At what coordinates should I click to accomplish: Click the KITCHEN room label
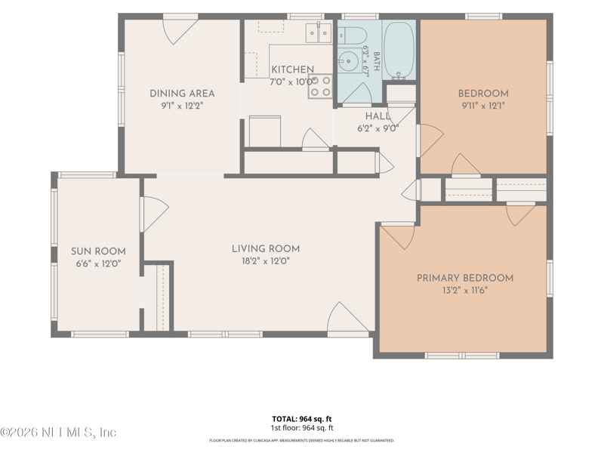(x=292, y=69)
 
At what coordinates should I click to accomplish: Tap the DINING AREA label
(x=182, y=94)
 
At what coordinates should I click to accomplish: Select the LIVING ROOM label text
(x=266, y=249)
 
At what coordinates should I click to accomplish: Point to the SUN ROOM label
(x=98, y=251)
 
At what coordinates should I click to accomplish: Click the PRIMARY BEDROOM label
(x=465, y=278)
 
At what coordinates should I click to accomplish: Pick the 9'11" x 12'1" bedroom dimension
(x=483, y=106)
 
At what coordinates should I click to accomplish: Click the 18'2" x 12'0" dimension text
(x=266, y=261)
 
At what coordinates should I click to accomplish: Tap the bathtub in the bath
(x=399, y=50)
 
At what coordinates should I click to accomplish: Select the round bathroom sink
(x=349, y=60)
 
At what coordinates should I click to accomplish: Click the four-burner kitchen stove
(x=320, y=86)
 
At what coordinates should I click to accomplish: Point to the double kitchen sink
(x=319, y=33)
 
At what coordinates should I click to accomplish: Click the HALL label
(x=377, y=116)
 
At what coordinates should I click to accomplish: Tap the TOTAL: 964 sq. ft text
(x=301, y=419)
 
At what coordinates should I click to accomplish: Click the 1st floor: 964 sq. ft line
(x=301, y=428)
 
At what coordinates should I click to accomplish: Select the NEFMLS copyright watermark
(x=58, y=432)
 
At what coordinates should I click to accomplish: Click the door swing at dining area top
(x=180, y=31)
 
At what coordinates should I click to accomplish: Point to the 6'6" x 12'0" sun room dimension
(x=98, y=263)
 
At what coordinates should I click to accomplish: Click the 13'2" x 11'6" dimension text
(x=465, y=291)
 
